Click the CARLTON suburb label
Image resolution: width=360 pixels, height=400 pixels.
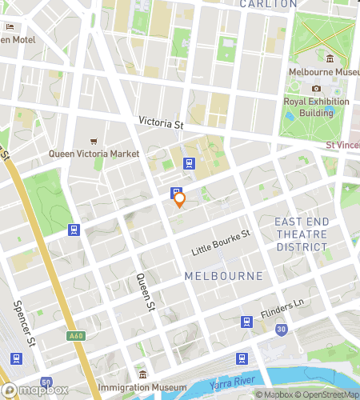click(268, 4)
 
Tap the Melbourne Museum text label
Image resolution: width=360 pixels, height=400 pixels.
click(324, 73)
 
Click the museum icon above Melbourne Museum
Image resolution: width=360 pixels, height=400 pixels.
click(330, 58)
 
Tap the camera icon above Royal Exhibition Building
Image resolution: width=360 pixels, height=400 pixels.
click(316, 89)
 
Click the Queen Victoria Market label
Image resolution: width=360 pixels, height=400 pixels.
click(94, 154)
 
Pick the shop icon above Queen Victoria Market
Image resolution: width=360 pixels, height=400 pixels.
click(94, 140)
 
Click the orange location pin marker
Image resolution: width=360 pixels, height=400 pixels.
click(180, 199)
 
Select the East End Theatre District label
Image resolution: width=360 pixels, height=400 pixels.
click(301, 234)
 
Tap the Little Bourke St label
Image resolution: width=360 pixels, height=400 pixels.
click(221, 243)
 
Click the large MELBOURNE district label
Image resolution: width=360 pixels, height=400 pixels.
click(224, 276)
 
